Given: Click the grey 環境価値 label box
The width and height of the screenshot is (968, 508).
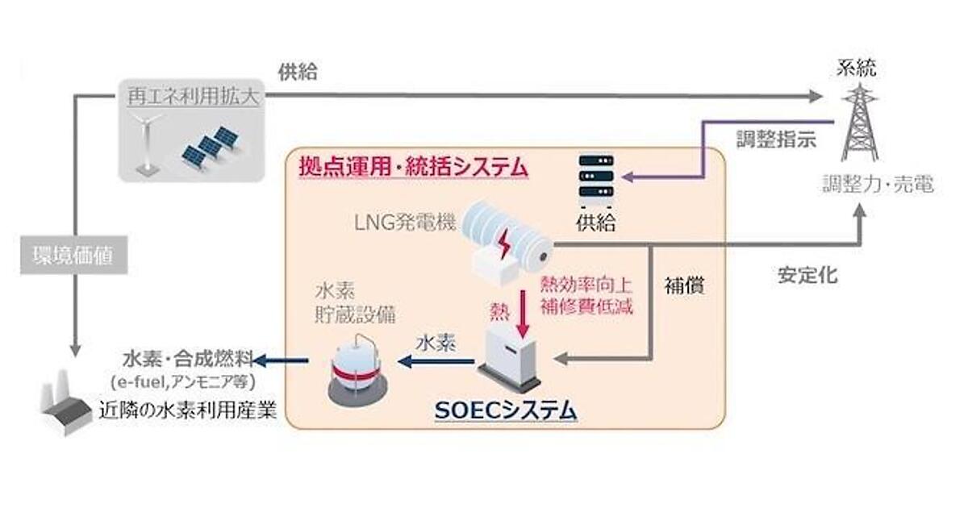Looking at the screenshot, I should [x=73, y=257].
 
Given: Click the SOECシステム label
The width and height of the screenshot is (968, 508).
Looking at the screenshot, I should [x=506, y=410].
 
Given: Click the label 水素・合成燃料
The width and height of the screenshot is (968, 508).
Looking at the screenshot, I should [x=188, y=358].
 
